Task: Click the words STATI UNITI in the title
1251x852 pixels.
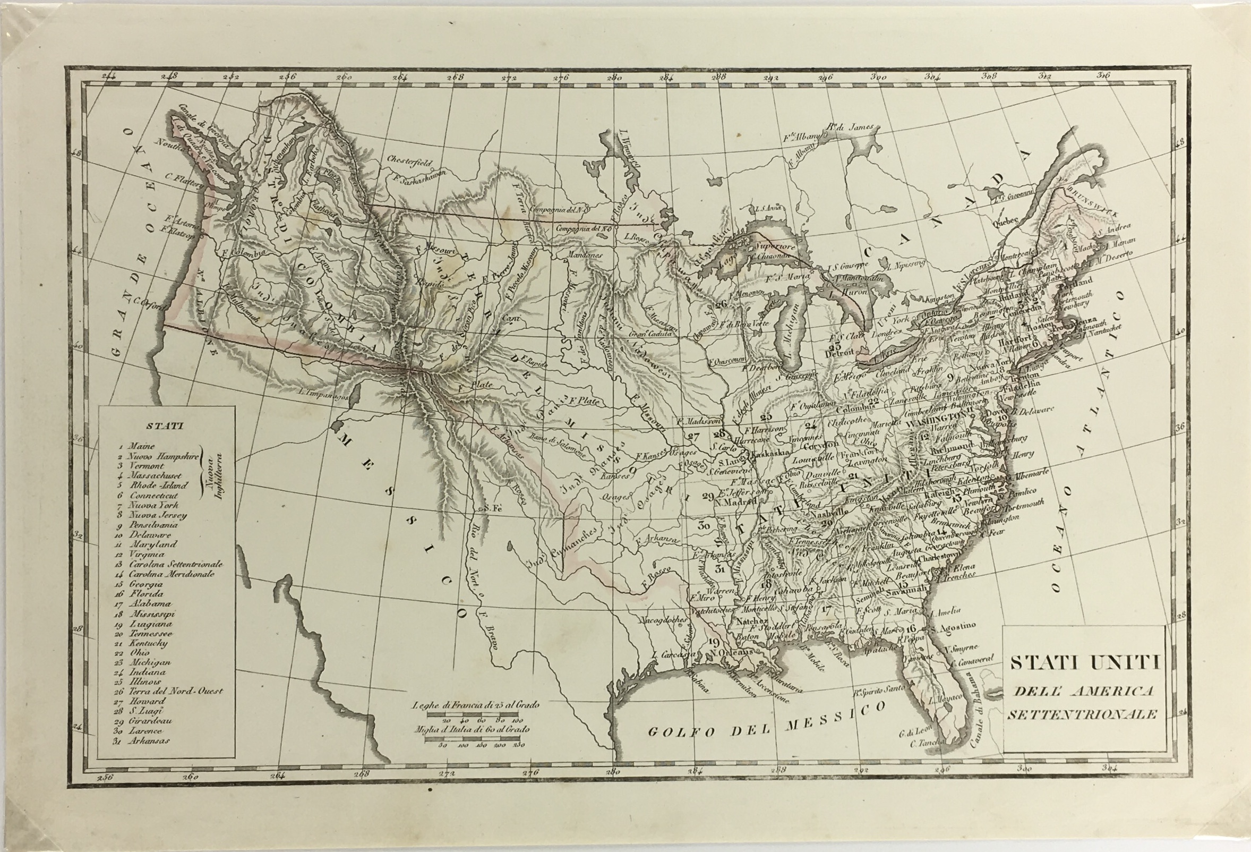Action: click(1084, 662)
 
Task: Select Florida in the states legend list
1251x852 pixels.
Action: click(145, 593)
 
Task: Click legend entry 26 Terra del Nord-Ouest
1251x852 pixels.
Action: click(175, 691)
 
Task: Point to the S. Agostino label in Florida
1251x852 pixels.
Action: click(955, 628)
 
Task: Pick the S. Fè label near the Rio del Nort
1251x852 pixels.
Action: click(489, 508)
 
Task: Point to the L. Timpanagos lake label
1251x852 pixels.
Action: click(322, 393)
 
